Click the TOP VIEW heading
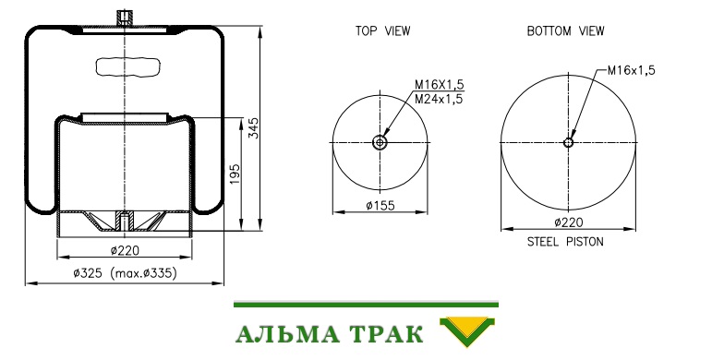point(382,30)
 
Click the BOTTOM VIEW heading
point(565,30)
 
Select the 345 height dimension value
point(254,128)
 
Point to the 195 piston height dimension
point(235,174)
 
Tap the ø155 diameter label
point(380,206)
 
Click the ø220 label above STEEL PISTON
point(569,222)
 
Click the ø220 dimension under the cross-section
point(125,250)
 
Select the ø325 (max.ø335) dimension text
point(125,273)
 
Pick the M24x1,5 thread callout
point(439,100)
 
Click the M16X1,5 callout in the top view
point(439,85)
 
